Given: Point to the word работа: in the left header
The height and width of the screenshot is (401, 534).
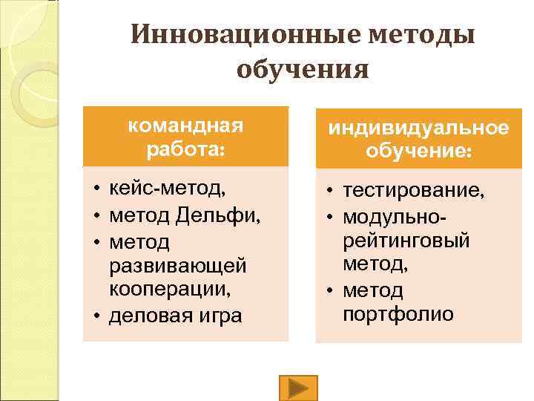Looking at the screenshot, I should pos(185,148).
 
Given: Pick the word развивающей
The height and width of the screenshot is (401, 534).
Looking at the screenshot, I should pos(178,265).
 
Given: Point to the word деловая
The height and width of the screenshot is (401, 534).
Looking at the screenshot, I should pos(148,316).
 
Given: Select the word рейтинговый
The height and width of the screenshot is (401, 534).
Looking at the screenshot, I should pos(406,241).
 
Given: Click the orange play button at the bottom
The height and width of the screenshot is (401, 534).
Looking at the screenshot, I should pos(298,388).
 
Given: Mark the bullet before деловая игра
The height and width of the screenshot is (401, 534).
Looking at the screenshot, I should pos(97,316).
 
